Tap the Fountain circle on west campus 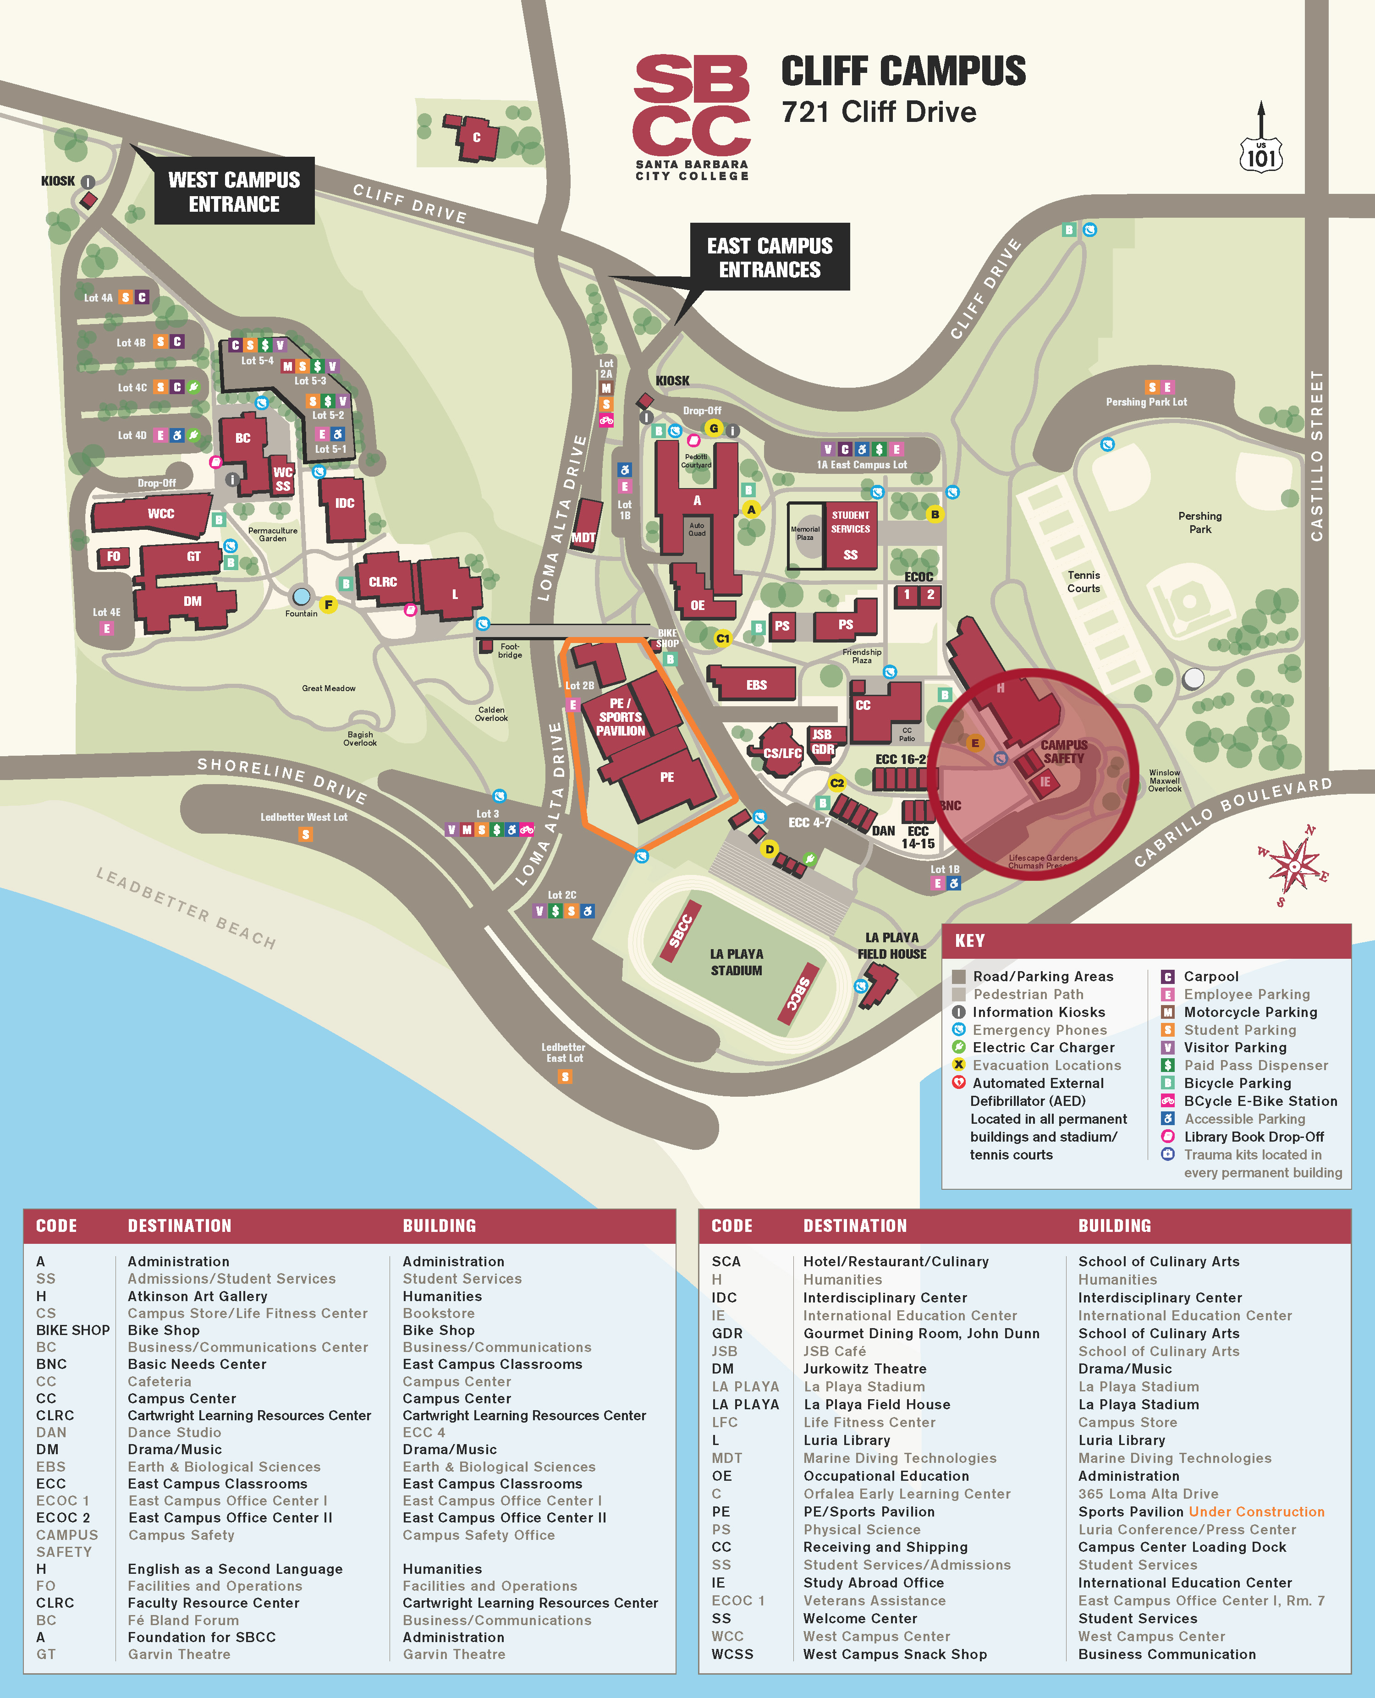[x=301, y=596]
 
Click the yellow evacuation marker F [x=328, y=605]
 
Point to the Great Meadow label [x=329, y=688]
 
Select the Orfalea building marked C [x=476, y=137]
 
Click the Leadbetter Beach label [x=186, y=907]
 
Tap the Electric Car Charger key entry [x=1043, y=1047]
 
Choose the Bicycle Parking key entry [x=1237, y=1083]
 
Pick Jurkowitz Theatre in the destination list [x=864, y=1368]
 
